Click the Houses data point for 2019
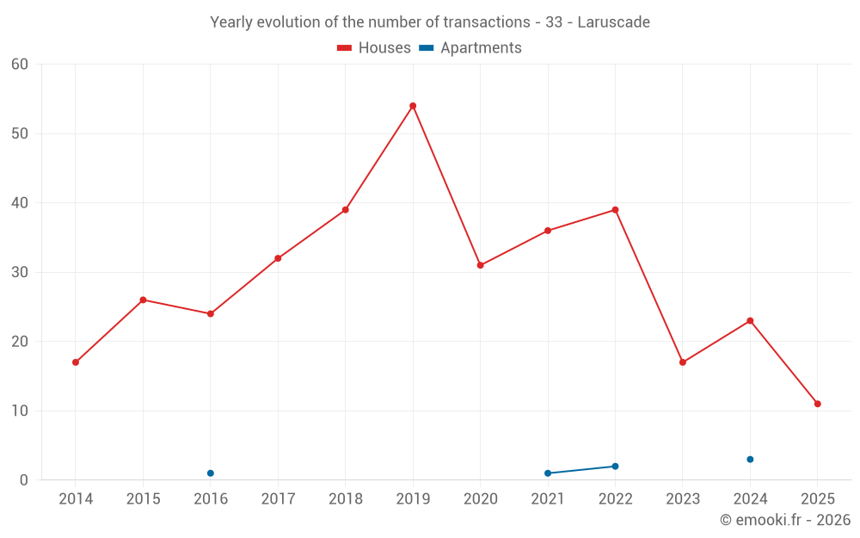click(413, 106)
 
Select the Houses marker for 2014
click(76, 362)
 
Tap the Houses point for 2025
click(818, 404)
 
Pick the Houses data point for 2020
click(481, 265)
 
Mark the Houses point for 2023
click(683, 362)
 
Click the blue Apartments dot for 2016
click(211, 473)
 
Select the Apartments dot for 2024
click(750, 460)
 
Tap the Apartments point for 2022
click(615, 467)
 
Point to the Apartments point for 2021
click(548, 473)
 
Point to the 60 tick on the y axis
click(20, 64)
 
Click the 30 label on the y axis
click(20, 272)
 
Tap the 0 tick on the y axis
click(24, 480)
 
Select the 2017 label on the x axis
click(278, 499)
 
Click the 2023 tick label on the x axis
click(683, 499)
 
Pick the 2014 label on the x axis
click(76, 499)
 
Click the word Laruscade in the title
click(613, 22)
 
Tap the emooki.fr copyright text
click(785, 520)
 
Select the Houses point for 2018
click(346, 210)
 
